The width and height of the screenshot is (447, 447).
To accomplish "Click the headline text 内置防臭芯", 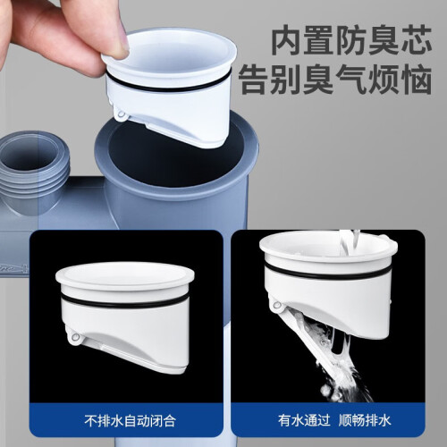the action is coord(352,41).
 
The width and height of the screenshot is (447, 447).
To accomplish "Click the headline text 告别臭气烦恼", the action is coord(335,80).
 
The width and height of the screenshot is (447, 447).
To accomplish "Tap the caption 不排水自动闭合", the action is coord(130,420).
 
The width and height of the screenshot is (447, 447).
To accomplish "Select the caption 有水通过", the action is coord(304,420).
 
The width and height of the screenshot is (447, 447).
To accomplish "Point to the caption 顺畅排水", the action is coord(365,420).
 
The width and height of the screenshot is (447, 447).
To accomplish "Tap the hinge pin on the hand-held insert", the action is coord(121,114).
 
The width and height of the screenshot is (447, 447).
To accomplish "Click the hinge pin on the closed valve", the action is coord(75,337).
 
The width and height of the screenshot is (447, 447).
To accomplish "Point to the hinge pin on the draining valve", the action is coord(277,305).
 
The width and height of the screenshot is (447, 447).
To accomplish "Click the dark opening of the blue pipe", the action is coord(176,154).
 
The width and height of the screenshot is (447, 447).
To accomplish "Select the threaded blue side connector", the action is coord(33,172).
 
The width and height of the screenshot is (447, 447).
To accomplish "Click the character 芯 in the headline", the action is coord(417,41).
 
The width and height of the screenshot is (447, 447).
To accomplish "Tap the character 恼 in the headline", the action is coord(417,80).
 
